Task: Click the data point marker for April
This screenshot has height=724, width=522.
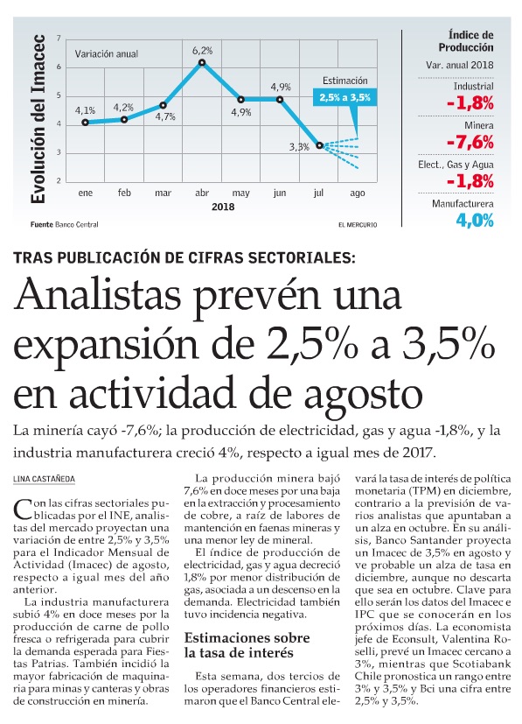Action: coord(202,62)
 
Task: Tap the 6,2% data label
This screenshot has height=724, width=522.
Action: coord(203,50)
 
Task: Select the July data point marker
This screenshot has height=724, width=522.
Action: coord(319,145)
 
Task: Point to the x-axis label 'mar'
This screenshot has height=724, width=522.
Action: coord(163,193)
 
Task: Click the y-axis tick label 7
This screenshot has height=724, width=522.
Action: coord(59,39)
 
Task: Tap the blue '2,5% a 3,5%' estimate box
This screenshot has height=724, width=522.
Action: coord(345,98)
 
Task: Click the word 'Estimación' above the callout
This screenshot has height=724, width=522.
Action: coord(345,81)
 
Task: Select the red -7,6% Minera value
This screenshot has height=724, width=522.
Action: coord(470,142)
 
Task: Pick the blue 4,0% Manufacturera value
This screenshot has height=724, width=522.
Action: coord(475,221)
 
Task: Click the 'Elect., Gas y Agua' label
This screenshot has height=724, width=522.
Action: coord(456,165)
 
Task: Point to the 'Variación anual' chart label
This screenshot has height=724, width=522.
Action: coord(107,54)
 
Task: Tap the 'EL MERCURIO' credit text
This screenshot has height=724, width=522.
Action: coord(358,225)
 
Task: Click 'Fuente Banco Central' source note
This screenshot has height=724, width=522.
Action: coord(65,225)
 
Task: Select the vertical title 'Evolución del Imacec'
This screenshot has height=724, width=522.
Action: coord(38,119)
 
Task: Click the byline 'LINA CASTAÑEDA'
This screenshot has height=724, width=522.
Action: coord(44,479)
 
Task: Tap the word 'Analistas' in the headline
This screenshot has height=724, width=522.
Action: coord(97,296)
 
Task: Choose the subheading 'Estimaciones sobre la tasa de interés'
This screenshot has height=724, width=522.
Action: coord(247,645)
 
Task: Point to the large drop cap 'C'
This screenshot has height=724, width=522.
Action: coord(23,510)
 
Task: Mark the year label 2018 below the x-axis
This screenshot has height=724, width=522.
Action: coord(223,207)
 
